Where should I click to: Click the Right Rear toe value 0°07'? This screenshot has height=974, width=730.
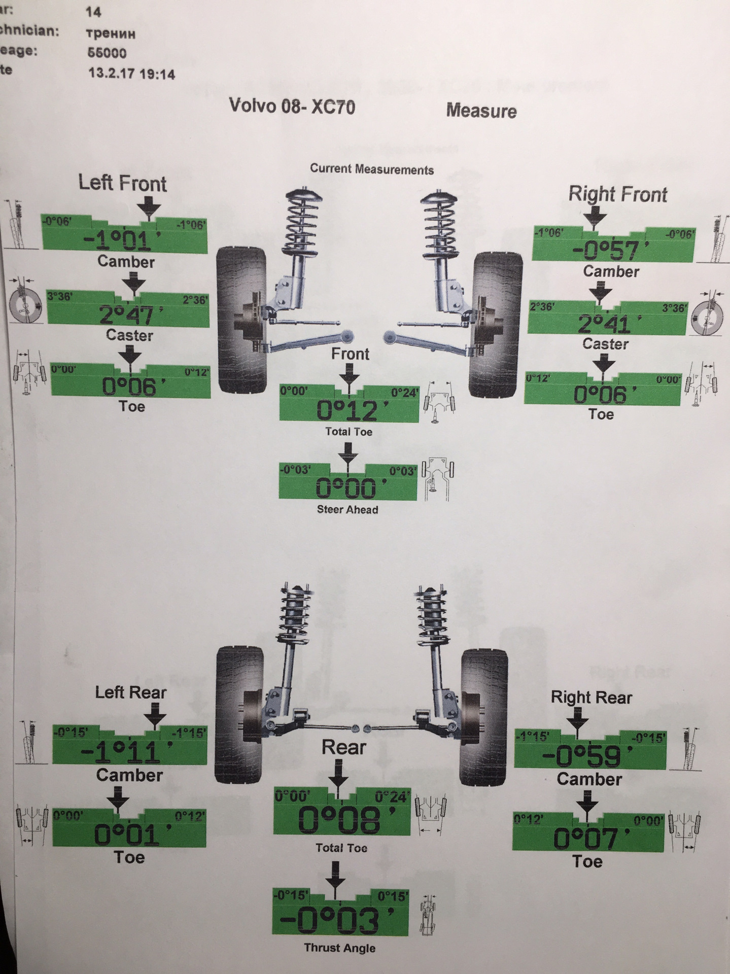point(587,838)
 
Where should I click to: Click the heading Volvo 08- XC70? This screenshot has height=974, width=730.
point(292,106)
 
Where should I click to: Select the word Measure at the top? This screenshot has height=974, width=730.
point(481,111)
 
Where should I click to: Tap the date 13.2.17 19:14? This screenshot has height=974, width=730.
point(131,74)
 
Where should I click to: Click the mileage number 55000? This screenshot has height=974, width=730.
point(107,53)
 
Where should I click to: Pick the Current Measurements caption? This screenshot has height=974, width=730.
point(372,169)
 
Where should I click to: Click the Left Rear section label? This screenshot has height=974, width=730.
point(131,692)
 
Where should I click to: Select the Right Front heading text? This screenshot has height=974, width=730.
point(617,194)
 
